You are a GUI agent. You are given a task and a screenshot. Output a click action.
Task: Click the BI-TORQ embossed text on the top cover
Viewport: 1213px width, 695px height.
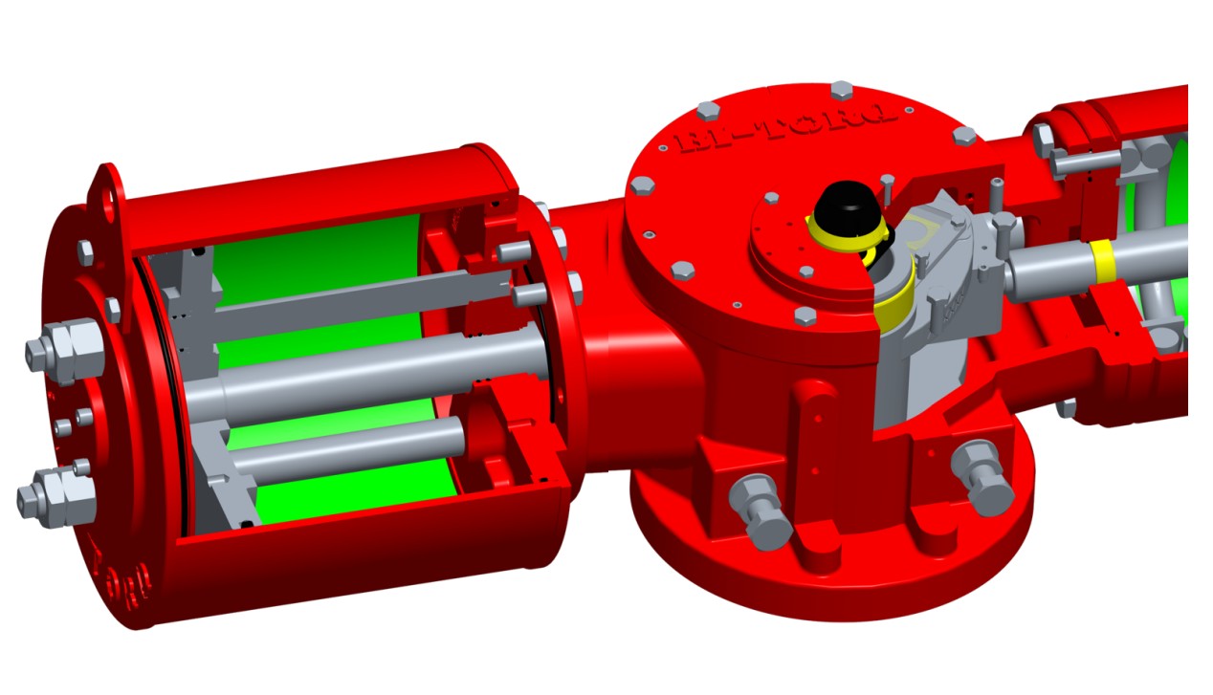tap(784, 130)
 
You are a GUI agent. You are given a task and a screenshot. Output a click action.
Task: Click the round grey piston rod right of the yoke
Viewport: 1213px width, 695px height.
tap(1052, 268)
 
